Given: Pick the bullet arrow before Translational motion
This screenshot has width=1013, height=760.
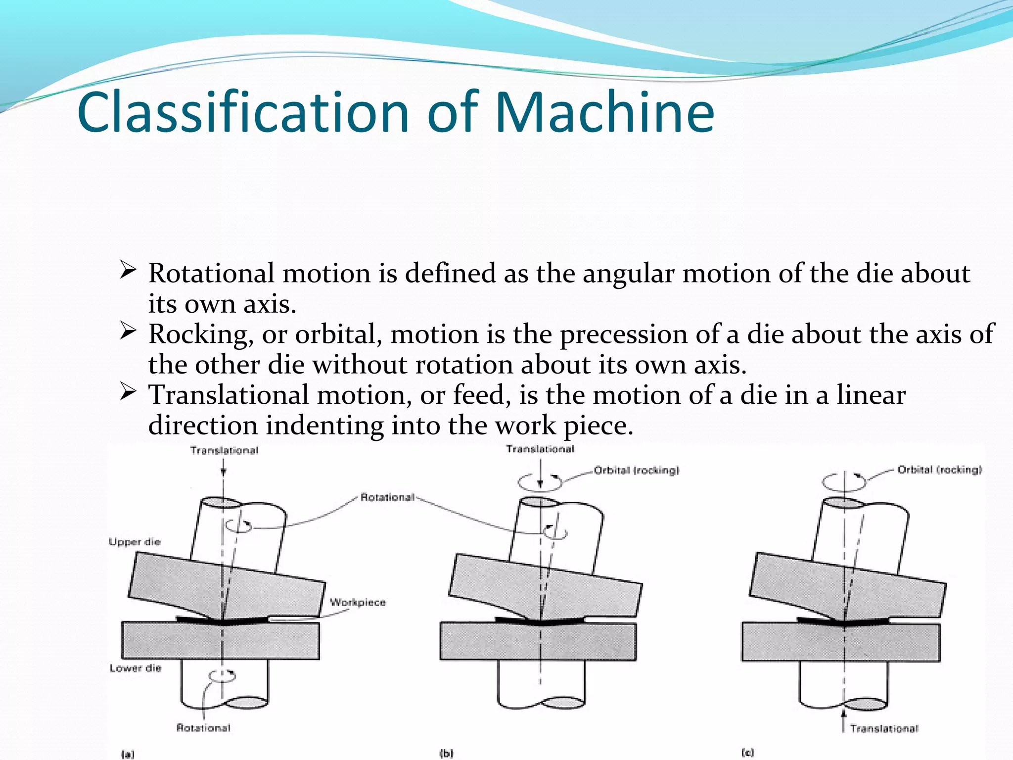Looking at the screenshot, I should (128, 392).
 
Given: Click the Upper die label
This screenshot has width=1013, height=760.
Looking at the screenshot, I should (135, 542).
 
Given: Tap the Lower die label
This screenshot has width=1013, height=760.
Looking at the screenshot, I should (136, 668).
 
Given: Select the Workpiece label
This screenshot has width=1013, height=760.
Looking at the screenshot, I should (358, 602).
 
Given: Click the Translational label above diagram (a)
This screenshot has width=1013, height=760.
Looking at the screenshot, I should (224, 450).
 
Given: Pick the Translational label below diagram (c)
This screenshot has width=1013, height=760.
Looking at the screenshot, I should (884, 728).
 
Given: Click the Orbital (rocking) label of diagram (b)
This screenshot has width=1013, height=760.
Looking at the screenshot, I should (637, 470).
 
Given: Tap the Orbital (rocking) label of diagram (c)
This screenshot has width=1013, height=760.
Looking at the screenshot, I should (940, 470).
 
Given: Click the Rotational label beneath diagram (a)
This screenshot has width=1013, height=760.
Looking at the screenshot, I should (203, 728).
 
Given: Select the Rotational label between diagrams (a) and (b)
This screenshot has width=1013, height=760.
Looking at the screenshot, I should (387, 497).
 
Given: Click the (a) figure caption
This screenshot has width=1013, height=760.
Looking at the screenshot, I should (128, 754).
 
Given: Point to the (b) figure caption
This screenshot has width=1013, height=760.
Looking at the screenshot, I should (446, 754).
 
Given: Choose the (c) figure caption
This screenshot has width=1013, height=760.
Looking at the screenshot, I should (747, 753).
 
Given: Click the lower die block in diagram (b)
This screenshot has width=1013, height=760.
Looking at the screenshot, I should (538, 641).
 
